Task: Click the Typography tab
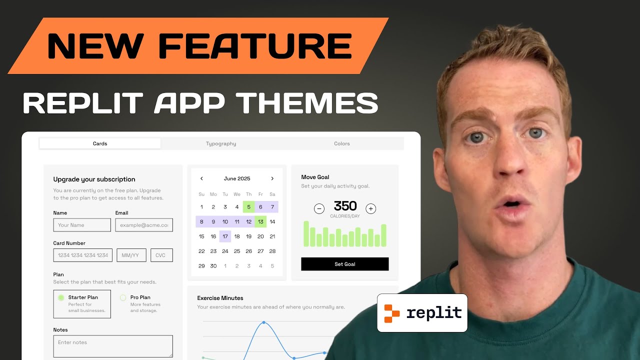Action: coord(221,143)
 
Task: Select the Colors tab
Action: coord(342,143)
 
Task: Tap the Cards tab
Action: coord(100,143)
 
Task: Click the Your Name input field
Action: coord(82,225)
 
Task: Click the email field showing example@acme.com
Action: coord(144,225)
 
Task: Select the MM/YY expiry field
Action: coord(131,255)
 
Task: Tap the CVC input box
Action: coord(161,255)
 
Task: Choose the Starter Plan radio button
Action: coord(61,297)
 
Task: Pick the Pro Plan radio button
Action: coord(123,297)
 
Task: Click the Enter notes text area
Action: coord(113,346)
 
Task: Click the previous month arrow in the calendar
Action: coord(201,178)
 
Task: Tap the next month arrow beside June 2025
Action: coord(272,178)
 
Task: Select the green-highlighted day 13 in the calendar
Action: coord(260,222)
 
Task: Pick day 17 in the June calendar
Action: coord(225,236)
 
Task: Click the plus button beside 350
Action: coord(370,208)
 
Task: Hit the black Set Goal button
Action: coord(344,264)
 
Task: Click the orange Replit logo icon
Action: coord(392,313)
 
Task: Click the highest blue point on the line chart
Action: coord(264,322)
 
